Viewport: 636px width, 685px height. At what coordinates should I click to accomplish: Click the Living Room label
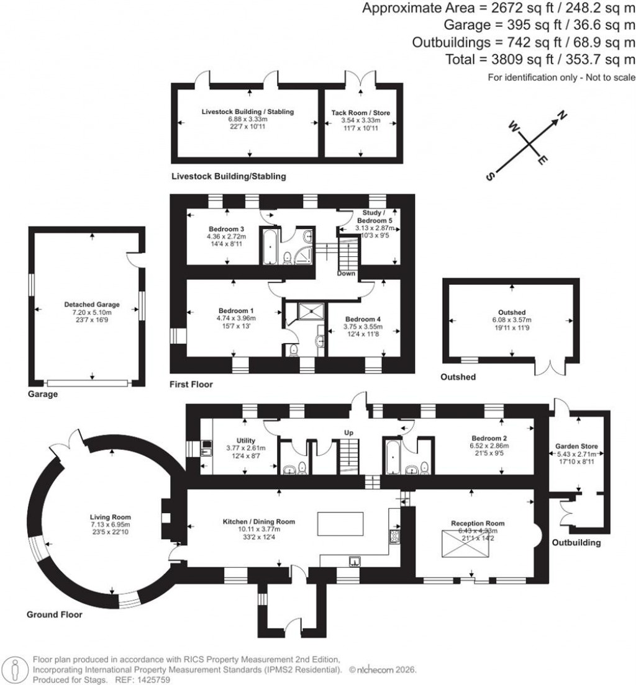tap(111, 517)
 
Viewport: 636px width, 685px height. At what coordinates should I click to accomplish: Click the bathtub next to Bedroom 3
tap(270, 246)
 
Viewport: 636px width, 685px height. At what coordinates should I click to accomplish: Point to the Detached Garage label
tap(91, 305)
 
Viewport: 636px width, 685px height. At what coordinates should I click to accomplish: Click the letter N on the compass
tap(563, 115)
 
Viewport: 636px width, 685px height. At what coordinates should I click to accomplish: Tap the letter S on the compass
tap(489, 176)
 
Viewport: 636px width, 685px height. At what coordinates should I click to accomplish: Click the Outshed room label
tap(512, 313)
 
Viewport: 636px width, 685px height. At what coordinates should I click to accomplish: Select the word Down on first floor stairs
tap(346, 274)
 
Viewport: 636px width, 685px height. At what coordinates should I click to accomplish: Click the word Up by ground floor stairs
tap(348, 432)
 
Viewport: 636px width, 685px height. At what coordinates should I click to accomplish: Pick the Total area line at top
tap(540, 60)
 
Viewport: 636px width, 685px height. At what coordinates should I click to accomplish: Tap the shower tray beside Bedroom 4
tap(309, 311)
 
